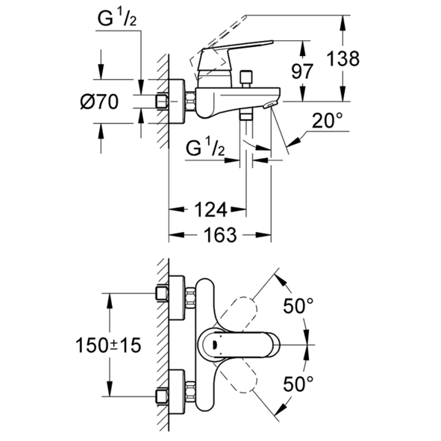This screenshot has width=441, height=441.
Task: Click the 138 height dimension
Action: [343, 59]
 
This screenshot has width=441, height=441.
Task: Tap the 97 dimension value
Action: [302, 72]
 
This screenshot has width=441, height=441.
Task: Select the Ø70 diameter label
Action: [99, 101]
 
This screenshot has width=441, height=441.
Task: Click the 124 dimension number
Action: [211, 209]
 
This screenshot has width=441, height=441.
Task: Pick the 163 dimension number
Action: [220, 235]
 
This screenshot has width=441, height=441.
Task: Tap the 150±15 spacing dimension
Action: [108, 345]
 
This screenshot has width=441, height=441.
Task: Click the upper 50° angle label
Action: [298, 306]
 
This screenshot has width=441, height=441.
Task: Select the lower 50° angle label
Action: [298, 384]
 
